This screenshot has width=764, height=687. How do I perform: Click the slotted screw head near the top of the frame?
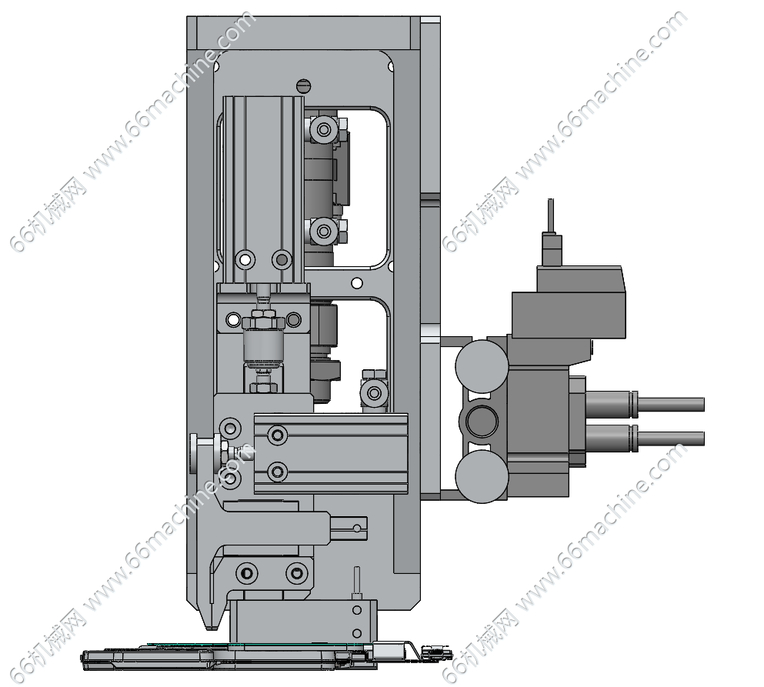tap(303, 85)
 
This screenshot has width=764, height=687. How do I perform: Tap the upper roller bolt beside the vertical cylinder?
tap(324, 129)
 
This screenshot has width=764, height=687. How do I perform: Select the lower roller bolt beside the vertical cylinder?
tap(324, 231)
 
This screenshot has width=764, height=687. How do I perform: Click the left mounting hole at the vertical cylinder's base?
tap(245, 259)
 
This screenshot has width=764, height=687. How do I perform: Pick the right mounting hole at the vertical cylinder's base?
tap(282, 259)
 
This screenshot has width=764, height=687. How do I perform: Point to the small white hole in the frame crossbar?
tap(357, 283)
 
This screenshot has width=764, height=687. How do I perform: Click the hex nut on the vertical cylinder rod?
tap(262, 322)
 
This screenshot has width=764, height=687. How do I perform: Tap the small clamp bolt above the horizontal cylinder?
tap(374, 392)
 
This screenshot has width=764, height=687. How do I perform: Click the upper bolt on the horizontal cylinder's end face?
tap(278, 434)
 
